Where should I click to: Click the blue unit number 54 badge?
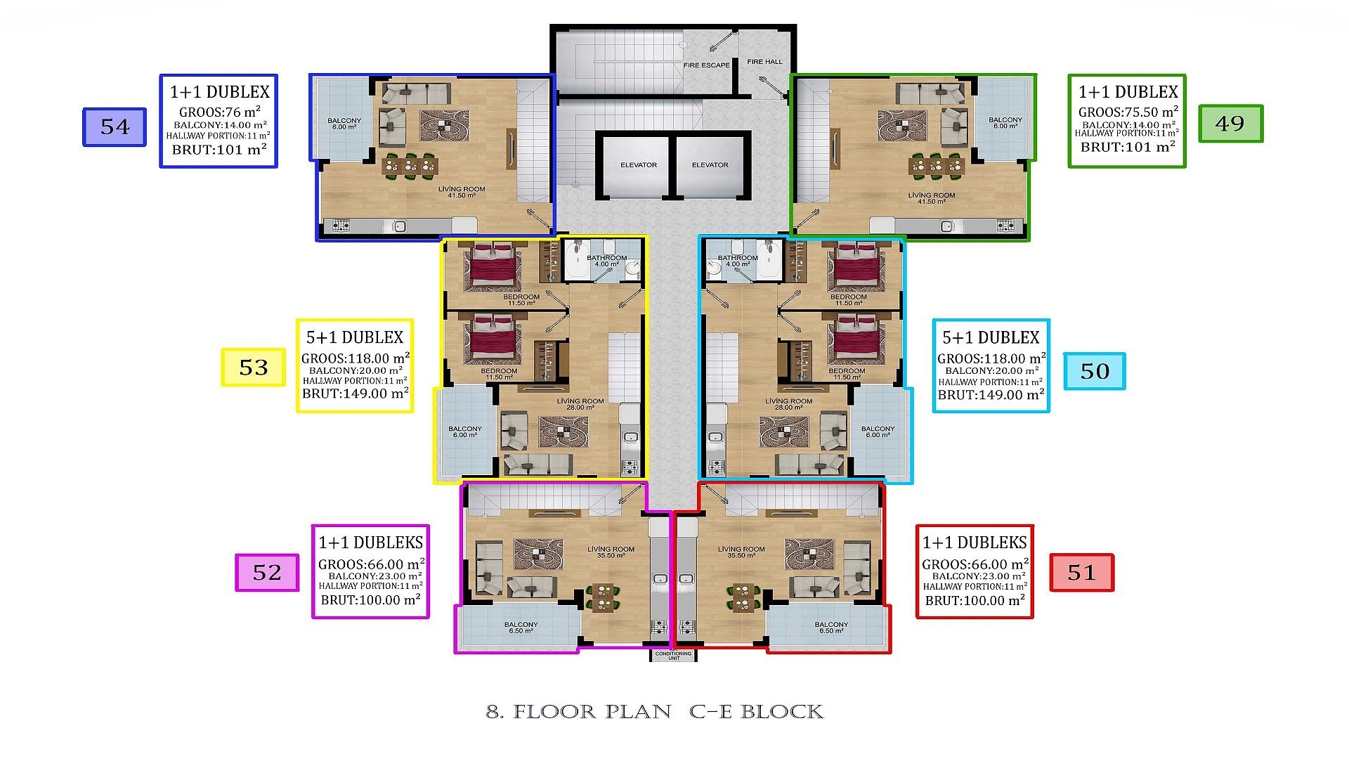(115, 126)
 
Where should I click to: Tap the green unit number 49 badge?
(1230, 124)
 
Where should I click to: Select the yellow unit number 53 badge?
(254, 367)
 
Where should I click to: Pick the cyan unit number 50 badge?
(1094, 371)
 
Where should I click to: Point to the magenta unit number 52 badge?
(267, 572)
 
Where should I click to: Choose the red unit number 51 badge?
(1081, 572)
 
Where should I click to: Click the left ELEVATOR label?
(639, 165)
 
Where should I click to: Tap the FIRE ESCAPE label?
(707, 65)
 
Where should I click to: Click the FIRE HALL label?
(764, 62)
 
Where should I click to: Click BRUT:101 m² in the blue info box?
(219, 149)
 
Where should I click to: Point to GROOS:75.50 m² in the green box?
(1128, 112)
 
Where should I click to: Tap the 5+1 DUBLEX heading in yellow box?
(355, 337)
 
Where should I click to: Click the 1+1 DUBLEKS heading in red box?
(975, 543)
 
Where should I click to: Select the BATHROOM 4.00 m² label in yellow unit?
(606, 261)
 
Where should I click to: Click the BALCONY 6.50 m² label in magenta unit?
(521, 628)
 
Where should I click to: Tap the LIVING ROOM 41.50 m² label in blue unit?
(462, 192)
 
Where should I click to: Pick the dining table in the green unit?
(936, 166)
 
